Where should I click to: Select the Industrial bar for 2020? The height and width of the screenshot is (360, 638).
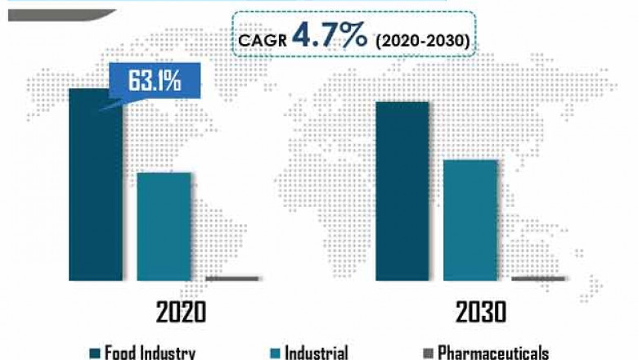(x=164, y=227)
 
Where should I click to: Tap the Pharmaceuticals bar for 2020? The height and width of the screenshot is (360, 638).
(x=232, y=278)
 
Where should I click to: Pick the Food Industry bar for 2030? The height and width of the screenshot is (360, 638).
(x=402, y=191)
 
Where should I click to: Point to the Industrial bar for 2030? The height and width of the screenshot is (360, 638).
(x=470, y=219)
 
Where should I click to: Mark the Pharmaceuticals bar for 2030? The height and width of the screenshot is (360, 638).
(x=537, y=278)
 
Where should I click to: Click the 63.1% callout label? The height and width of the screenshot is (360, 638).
(x=153, y=81)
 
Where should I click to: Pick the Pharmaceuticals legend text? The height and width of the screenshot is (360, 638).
(x=492, y=353)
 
